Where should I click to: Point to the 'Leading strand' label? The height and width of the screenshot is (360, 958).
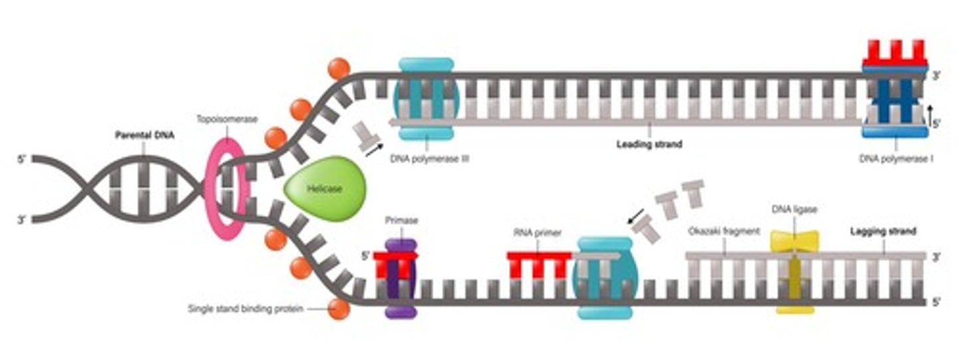point(649,144)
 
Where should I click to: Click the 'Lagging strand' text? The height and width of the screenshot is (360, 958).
point(883,232)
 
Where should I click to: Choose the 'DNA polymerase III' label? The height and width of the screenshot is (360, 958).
point(427,158)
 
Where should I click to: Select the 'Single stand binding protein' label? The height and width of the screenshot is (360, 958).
point(245,309)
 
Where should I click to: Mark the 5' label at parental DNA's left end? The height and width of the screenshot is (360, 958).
point(21,160)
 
